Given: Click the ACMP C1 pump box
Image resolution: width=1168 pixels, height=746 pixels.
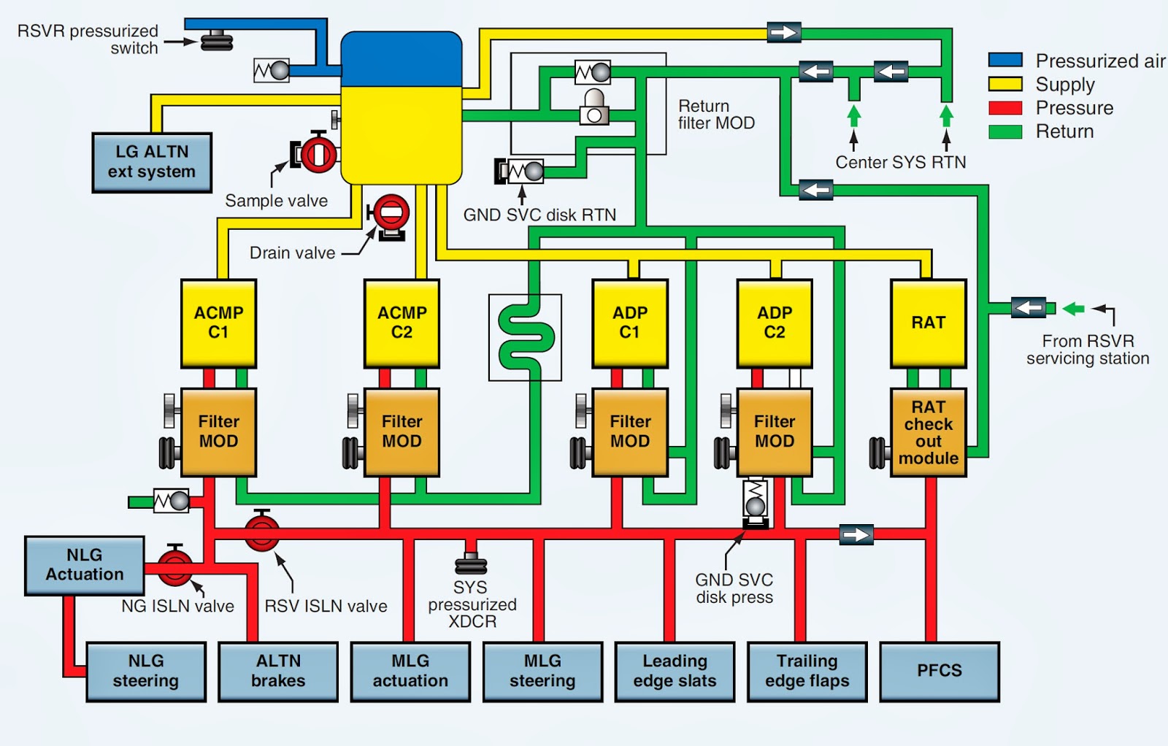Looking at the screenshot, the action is pos(218,323).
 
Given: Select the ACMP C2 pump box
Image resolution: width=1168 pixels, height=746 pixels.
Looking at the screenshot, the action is pos(401,323).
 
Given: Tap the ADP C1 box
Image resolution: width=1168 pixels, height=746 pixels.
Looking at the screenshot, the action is pos(630,323).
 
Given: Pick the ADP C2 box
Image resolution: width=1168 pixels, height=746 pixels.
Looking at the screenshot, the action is pos(775,323).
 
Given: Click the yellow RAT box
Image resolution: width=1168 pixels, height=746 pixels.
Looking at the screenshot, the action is pos(928,323).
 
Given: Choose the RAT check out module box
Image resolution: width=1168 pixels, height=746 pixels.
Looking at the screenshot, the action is pos(928,432).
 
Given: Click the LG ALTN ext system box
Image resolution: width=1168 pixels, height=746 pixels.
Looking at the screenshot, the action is pos(152,163).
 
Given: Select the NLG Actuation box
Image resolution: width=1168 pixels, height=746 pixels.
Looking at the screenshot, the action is pos(85,566).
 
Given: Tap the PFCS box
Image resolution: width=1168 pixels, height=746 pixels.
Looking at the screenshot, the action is pos(939,672).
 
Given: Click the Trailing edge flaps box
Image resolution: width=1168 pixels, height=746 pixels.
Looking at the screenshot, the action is pos(807,672).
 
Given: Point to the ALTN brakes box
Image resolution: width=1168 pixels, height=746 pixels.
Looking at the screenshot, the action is pos(278,672).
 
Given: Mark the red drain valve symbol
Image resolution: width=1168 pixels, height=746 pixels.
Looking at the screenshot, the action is pos(390,216).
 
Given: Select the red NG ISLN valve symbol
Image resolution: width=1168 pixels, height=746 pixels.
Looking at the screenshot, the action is pos(174,566).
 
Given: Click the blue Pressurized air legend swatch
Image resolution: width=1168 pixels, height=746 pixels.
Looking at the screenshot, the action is pos(1004,60).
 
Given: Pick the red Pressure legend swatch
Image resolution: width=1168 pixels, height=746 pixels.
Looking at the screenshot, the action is pos(1004,107).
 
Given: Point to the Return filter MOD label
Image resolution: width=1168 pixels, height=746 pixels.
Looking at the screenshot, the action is pos(716,114).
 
